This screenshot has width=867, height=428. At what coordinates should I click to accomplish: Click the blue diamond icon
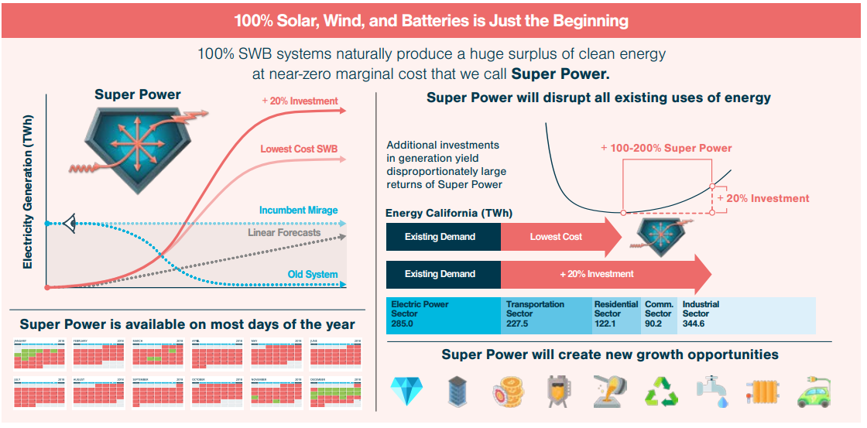[x=403, y=392]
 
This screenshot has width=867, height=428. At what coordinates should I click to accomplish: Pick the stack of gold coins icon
[x=506, y=392]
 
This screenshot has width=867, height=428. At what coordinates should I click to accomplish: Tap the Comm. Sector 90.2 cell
[x=659, y=315]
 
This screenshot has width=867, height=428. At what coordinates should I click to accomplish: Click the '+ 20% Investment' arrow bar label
[x=596, y=274]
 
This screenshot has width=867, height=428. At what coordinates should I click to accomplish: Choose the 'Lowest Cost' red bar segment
[x=556, y=237]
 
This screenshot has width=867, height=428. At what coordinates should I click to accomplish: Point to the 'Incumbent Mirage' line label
[x=298, y=211]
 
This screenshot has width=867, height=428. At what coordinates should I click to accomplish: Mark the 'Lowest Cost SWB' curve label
[x=299, y=149]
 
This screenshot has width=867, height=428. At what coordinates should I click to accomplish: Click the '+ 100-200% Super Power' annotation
[x=666, y=149]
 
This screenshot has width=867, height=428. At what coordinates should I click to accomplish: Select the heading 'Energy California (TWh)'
[x=448, y=214]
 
